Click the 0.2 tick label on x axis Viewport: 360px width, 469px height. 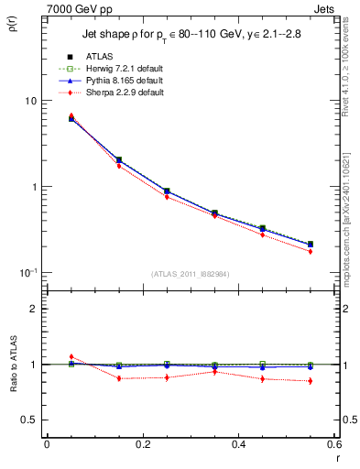(142, 444)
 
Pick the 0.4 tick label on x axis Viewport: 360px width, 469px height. (238, 444)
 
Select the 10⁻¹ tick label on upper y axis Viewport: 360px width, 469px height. (27, 273)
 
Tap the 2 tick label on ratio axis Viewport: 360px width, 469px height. (33, 309)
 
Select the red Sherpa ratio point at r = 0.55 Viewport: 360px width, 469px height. (311, 381)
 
